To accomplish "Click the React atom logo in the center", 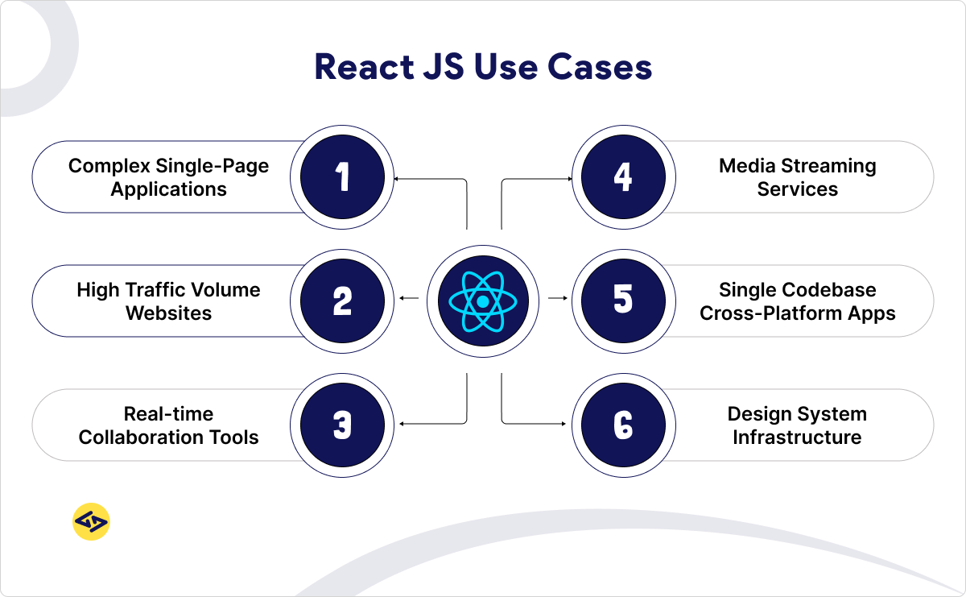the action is pos(482,301).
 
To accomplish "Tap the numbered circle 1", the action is pos(342,177).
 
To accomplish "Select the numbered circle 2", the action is pos(342,301).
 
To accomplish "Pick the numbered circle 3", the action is pos(342,425).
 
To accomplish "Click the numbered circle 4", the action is pos(623,177).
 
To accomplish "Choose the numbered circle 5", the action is pos(623,301).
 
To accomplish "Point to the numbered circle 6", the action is pos(623,425).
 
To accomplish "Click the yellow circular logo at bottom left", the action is pos(91,521).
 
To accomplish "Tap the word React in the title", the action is pos(365,67).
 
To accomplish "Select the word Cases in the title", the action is pos(600,67).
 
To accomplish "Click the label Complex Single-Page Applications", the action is pos(168,177).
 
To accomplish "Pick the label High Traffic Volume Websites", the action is pos(168,301).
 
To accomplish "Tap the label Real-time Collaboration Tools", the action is pos(168,425).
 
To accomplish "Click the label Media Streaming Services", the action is pos(798,177).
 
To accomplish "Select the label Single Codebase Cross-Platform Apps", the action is pos(798,301).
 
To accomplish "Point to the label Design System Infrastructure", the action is pos(798,425).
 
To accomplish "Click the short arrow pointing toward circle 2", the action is pos(409,298).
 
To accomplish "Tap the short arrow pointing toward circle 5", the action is pos(558,298).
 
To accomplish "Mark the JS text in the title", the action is pos(444,67).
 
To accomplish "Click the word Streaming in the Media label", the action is pos(829,166).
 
